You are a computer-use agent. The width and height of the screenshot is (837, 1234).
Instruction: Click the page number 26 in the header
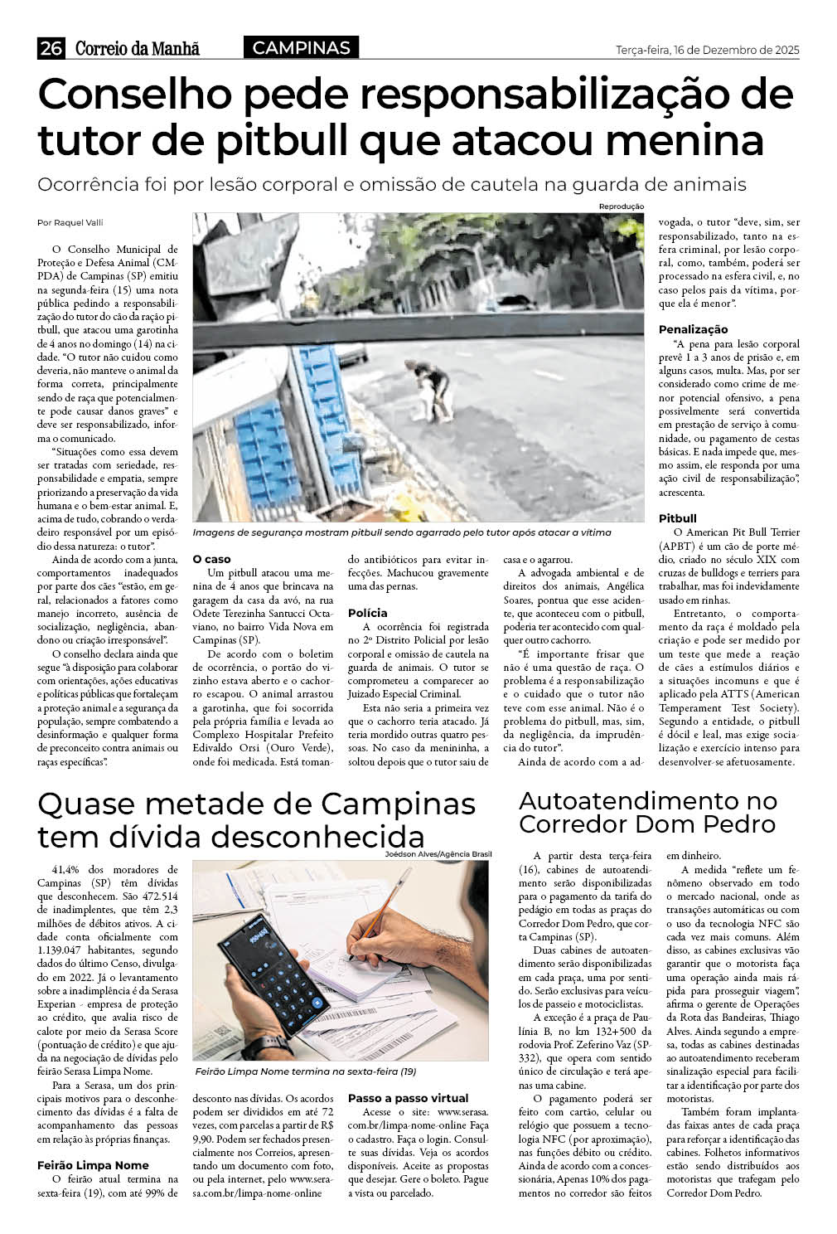tap(51, 49)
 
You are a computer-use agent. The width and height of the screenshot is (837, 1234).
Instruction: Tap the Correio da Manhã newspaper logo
tap(138, 49)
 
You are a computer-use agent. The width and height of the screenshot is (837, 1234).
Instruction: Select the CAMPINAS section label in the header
tap(301, 48)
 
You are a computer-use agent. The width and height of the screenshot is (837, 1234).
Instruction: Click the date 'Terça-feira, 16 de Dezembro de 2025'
tap(707, 50)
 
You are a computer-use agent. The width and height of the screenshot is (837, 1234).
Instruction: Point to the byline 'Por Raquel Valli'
tap(70, 222)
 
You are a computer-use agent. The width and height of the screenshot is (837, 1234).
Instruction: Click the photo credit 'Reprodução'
tap(621, 206)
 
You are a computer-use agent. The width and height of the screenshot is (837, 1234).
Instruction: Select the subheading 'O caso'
tap(211, 559)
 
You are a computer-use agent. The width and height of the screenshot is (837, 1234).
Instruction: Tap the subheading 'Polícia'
tap(367, 613)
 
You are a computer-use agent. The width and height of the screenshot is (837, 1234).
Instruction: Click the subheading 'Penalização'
tap(693, 329)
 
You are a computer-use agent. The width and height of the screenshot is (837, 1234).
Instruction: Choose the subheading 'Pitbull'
tap(677, 518)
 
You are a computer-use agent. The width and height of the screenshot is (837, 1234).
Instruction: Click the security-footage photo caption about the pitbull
tap(402, 532)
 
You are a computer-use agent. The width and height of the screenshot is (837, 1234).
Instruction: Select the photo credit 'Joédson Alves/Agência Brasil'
tap(438, 854)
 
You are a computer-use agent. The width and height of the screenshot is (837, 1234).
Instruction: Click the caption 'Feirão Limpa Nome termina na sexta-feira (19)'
tap(305, 1071)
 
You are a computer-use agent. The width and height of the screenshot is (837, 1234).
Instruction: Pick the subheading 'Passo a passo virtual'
tap(408, 1098)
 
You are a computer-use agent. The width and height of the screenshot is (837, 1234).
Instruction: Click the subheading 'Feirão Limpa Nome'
tap(93, 1165)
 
